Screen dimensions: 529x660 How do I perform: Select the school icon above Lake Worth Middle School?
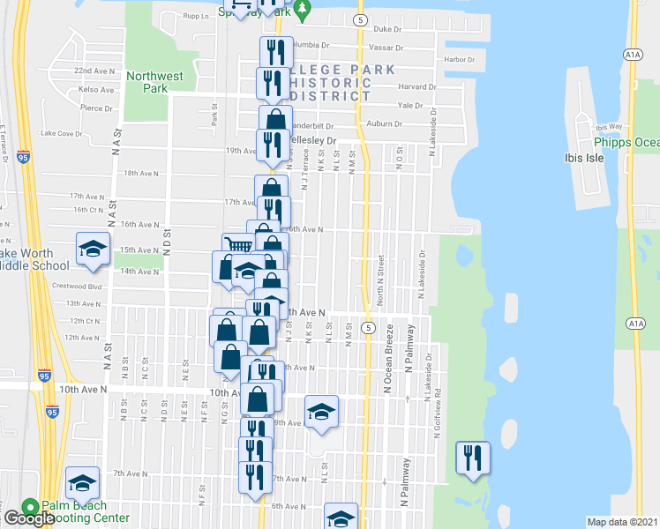point(93,250)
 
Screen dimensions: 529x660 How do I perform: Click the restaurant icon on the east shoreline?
point(473,457)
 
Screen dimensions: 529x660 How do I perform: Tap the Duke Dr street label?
point(386,29)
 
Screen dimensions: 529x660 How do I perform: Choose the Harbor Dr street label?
point(460,59)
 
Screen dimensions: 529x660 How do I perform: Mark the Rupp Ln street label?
point(195,16)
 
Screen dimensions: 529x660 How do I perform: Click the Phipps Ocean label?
point(626,143)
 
